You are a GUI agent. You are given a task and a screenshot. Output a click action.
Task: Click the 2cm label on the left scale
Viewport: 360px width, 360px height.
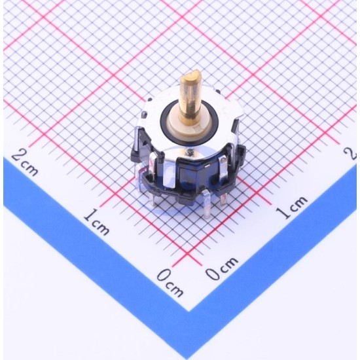pos(25,163)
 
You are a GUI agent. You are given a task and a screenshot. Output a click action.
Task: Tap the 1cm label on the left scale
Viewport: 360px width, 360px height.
pos(96,221)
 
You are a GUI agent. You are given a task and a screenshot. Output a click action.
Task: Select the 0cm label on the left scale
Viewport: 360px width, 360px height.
pos(170,283)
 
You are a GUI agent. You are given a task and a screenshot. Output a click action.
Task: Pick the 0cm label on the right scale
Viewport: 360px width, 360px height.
pos(221,268)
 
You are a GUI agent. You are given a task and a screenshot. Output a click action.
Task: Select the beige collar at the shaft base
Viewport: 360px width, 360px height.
pos(190,125)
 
